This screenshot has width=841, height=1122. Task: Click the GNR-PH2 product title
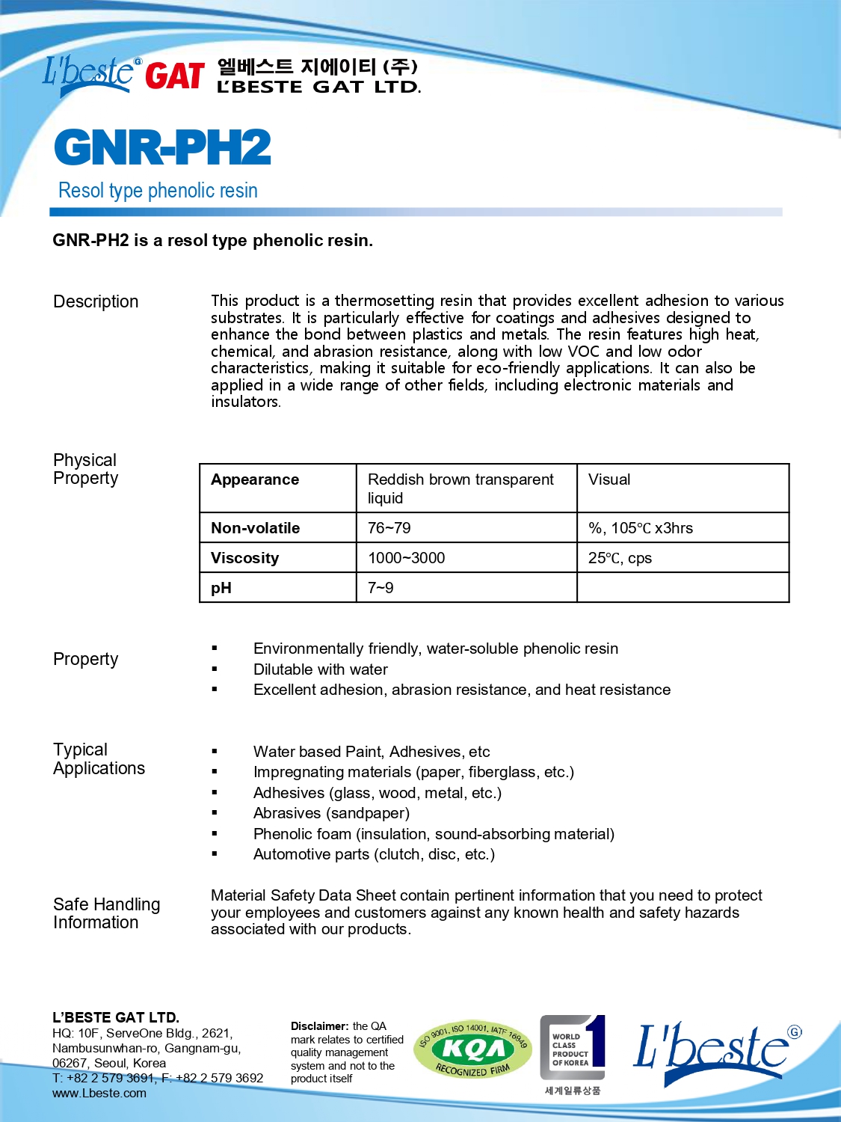pyautogui.click(x=162, y=147)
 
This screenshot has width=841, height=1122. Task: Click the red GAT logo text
pyautogui.click(x=174, y=76)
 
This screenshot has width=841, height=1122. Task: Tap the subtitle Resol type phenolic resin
pyautogui.click(x=158, y=191)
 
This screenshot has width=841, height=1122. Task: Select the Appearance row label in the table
pyautogui.click(x=255, y=479)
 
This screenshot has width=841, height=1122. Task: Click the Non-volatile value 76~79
pyautogui.click(x=389, y=528)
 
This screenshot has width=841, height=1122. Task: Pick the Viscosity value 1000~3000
pyautogui.click(x=407, y=558)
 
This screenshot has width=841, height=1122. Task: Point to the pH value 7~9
pyautogui.click(x=381, y=588)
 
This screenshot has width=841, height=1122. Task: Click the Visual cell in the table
pyautogui.click(x=609, y=479)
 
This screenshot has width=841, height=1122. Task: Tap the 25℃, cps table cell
pyautogui.click(x=620, y=558)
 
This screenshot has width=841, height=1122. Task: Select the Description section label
pyautogui.click(x=96, y=301)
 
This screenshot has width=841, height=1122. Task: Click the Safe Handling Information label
pyautogui.click(x=106, y=913)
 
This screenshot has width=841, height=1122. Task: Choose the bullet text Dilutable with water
pyautogui.click(x=321, y=669)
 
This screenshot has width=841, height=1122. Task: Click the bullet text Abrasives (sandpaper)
pyautogui.click(x=331, y=813)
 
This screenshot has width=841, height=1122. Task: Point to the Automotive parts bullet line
pyautogui.click(x=374, y=854)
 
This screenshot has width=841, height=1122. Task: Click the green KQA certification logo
pyautogui.click(x=473, y=1050)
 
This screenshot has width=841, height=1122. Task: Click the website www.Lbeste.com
pyautogui.click(x=99, y=1093)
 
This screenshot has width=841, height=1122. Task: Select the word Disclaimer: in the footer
pyautogui.click(x=320, y=1026)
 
